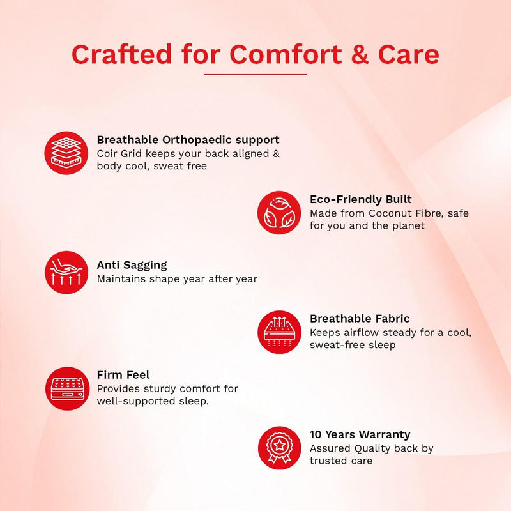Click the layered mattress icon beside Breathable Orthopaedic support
pyautogui.click(x=66, y=153)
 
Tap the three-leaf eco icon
pyautogui.click(x=279, y=213)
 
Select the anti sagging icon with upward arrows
pyautogui.click(x=66, y=273)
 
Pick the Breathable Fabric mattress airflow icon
pyautogui.click(x=279, y=332)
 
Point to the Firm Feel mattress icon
pyautogui.click(x=67, y=388)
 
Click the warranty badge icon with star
pyautogui.click(x=279, y=448)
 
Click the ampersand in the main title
pyautogui.click(x=360, y=54)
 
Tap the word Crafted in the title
pyautogui.click(x=121, y=54)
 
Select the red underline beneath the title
pyautogui.click(x=255, y=74)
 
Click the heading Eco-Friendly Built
pyautogui.click(x=360, y=199)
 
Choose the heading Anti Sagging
pyautogui.click(x=132, y=265)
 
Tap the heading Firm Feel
pyautogui.click(x=123, y=374)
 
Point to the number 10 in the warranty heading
pyautogui.click(x=316, y=434)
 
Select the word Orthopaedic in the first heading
pyautogui.click(x=197, y=140)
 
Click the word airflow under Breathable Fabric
pyautogui.click(x=362, y=332)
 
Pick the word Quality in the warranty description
pyautogui.click(x=372, y=449)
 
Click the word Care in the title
pyautogui.click(x=408, y=54)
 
